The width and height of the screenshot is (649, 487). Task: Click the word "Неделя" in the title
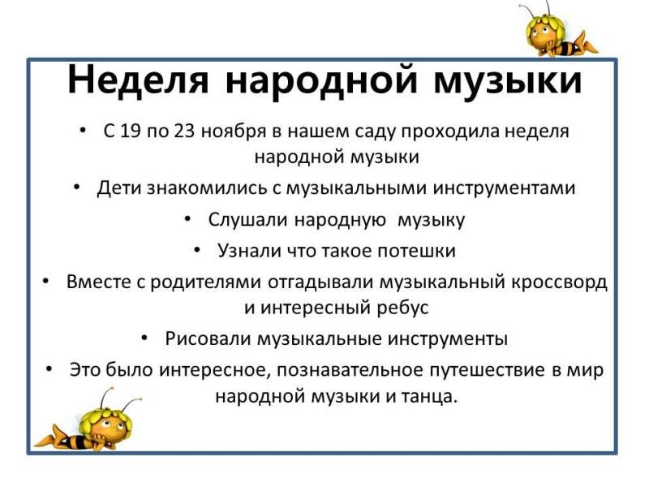[x=138, y=80]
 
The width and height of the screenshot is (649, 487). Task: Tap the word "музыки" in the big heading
[x=508, y=80]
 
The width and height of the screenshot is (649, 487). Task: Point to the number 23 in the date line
[x=185, y=131]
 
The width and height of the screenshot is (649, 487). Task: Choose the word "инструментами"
[x=504, y=189]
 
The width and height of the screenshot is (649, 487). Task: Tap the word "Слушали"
[x=247, y=220]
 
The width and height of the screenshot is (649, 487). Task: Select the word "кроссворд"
[x=560, y=282]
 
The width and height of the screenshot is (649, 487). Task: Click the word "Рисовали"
[x=209, y=338]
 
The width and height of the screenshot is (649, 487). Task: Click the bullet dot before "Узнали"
[x=196, y=249]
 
